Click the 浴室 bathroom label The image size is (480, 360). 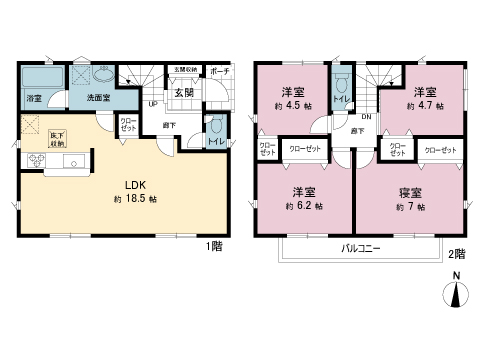pos(33,98)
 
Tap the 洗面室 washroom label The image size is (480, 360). pos(98,98)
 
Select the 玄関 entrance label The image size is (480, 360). pos(184,93)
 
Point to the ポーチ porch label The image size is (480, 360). pos(221,71)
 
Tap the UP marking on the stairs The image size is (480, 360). pos(152,103)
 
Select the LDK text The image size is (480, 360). pos(136,184)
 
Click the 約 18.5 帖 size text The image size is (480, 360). pos(136,200)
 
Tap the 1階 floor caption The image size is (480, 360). pos(214,246)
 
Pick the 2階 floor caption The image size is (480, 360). pos(456,254)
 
